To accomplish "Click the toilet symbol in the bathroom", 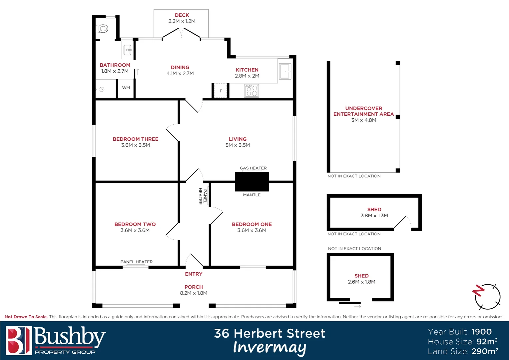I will pyautogui.click(x=103, y=29).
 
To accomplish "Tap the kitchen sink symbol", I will pyautogui.click(x=285, y=71).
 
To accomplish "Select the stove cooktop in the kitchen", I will pyautogui.click(x=252, y=91).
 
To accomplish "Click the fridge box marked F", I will pyautogui.click(x=221, y=91).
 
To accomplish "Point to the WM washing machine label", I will pyautogui.click(x=126, y=88).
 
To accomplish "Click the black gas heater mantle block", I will pyautogui.click(x=252, y=182).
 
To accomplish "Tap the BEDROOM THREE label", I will pyautogui.click(x=136, y=139).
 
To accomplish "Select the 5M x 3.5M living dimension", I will pyautogui.click(x=238, y=145).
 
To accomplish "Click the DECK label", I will pyautogui.click(x=182, y=15).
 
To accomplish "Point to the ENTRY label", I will pyautogui.click(x=194, y=274).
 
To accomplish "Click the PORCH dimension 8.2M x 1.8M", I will pyautogui.click(x=194, y=293).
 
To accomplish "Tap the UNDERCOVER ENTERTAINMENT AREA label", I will pyautogui.click(x=363, y=111).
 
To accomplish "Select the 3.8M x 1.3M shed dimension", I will pyautogui.click(x=374, y=215).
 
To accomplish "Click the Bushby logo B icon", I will pyautogui.click(x=19, y=340).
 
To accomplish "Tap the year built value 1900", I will pyautogui.click(x=482, y=332).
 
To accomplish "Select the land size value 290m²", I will pyautogui.click(x=485, y=351).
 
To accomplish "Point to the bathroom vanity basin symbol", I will pyautogui.click(x=128, y=50).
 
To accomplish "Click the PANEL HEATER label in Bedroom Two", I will pyautogui.click(x=137, y=262).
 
